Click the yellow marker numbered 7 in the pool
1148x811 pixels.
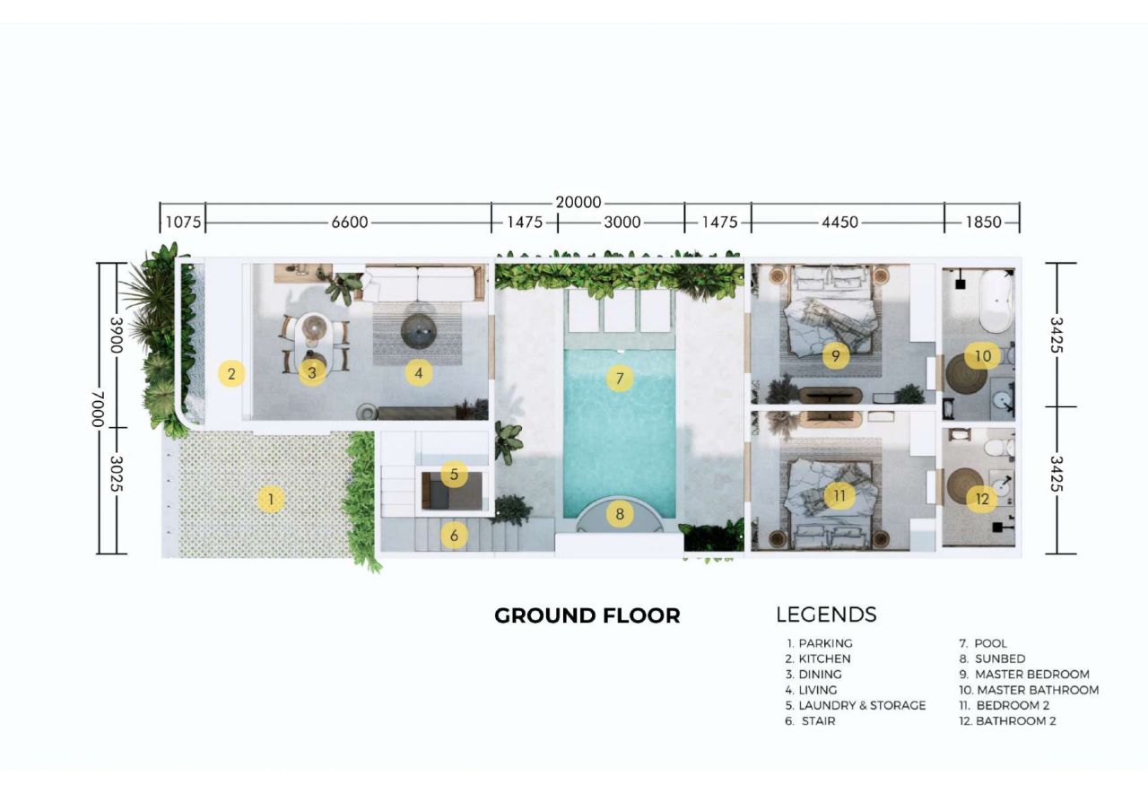point(620,379)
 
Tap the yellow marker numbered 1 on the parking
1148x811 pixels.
point(271,499)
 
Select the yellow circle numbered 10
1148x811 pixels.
point(982,356)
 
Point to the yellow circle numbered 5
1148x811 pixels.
point(454,475)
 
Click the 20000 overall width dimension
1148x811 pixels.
point(578,202)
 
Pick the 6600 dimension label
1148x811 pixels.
point(350,222)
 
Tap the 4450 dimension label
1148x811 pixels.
point(839,222)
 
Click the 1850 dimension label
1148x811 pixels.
point(983,222)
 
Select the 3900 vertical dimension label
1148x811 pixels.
point(117,336)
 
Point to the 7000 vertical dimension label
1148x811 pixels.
point(98,409)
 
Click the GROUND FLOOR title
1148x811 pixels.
point(587,615)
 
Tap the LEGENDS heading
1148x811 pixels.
point(826,615)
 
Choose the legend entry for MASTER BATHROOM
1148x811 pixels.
point(1029,690)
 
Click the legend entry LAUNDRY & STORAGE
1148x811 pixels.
point(856,705)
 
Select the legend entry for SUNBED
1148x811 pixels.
point(992,658)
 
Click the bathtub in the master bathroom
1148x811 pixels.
point(996,301)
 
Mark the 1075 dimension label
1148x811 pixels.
point(183,222)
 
